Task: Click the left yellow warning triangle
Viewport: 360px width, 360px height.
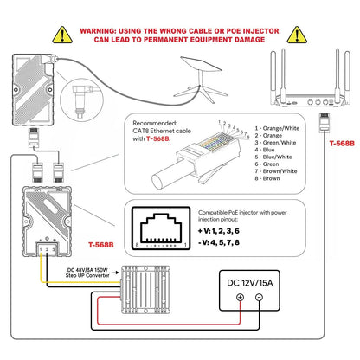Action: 62,35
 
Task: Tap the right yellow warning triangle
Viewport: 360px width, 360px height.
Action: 297,35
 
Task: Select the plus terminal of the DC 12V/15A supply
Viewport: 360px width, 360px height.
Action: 240,297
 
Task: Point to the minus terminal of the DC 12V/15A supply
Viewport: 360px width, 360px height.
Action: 259,297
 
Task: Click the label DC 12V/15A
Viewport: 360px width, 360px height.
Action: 249,283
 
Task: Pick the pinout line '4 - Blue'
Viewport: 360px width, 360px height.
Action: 265,150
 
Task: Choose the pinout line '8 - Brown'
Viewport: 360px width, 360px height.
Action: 267,178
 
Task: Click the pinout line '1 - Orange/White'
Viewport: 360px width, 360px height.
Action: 277,128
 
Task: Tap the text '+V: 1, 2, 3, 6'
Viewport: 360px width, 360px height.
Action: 219,231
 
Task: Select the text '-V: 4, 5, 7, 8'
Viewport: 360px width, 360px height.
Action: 219,242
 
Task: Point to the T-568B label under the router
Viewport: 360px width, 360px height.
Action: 342,144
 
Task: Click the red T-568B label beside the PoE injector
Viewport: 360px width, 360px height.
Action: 101,245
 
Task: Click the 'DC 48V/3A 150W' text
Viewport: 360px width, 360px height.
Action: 87,270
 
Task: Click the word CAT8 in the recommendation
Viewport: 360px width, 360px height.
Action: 140,131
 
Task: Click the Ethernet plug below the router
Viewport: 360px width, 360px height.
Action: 325,123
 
